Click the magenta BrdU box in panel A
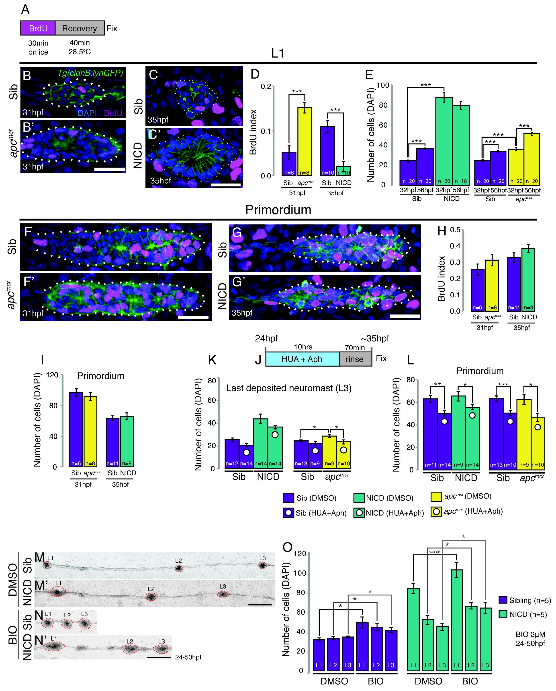click(38, 28)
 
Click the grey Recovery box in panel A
click(80, 28)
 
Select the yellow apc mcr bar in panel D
click(305, 141)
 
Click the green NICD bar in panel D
click(343, 171)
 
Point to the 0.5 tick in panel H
click(455, 230)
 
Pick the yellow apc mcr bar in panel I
click(90, 431)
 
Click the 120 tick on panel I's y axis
click(53, 375)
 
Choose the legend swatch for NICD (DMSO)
click(359, 498)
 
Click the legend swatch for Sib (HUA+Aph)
click(288, 513)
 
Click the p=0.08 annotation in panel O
click(434, 552)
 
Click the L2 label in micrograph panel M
click(178, 560)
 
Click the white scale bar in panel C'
click(226, 185)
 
